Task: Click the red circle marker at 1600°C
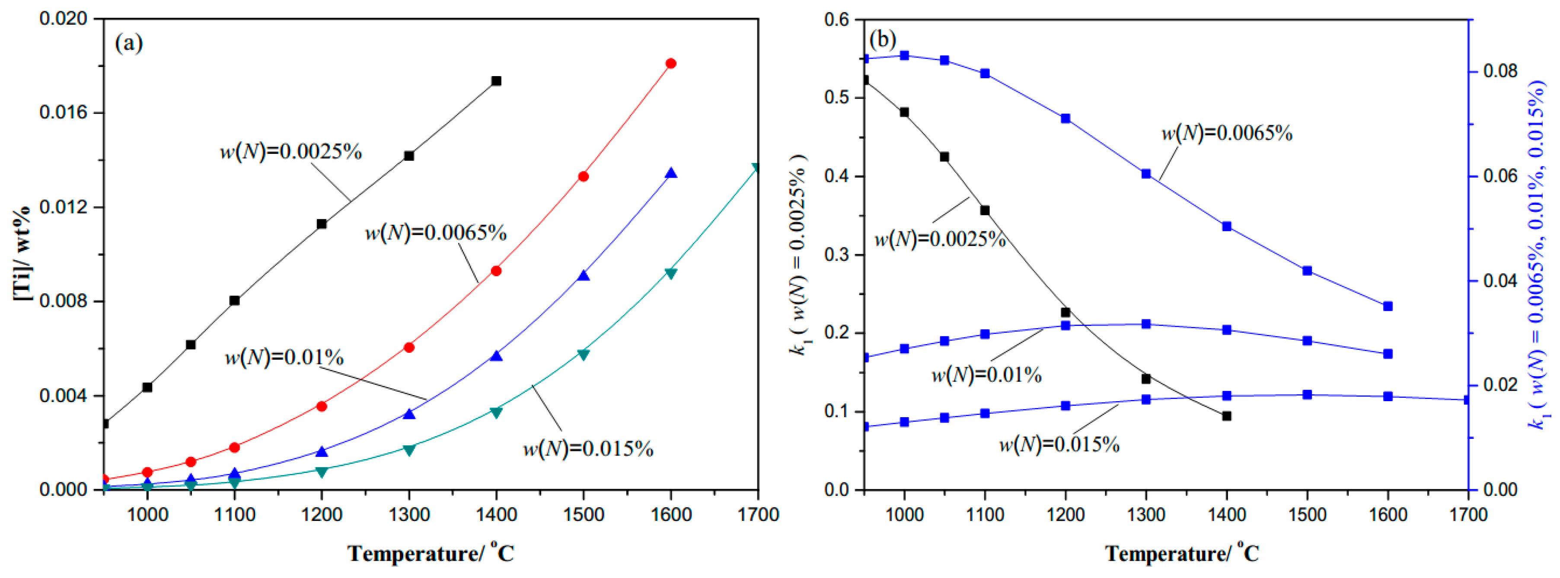(x=670, y=64)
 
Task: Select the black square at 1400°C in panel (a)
(x=496, y=80)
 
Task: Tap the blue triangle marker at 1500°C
(x=583, y=276)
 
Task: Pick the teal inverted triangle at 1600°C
(x=670, y=273)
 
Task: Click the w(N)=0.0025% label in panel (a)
(x=290, y=151)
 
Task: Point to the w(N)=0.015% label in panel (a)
(x=588, y=449)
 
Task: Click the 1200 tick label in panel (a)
(x=322, y=515)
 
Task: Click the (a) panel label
(x=128, y=43)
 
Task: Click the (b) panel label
(x=882, y=40)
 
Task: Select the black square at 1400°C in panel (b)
(x=1227, y=416)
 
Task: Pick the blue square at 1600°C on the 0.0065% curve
(x=1388, y=307)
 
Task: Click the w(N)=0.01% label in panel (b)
(x=986, y=376)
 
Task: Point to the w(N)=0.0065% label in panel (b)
(x=1226, y=133)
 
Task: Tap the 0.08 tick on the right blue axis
(x=1500, y=71)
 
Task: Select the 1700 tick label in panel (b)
(x=1468, y=515)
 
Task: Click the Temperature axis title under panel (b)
(x=1182, y=553)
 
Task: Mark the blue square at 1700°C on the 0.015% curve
(x=1467, y=400)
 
